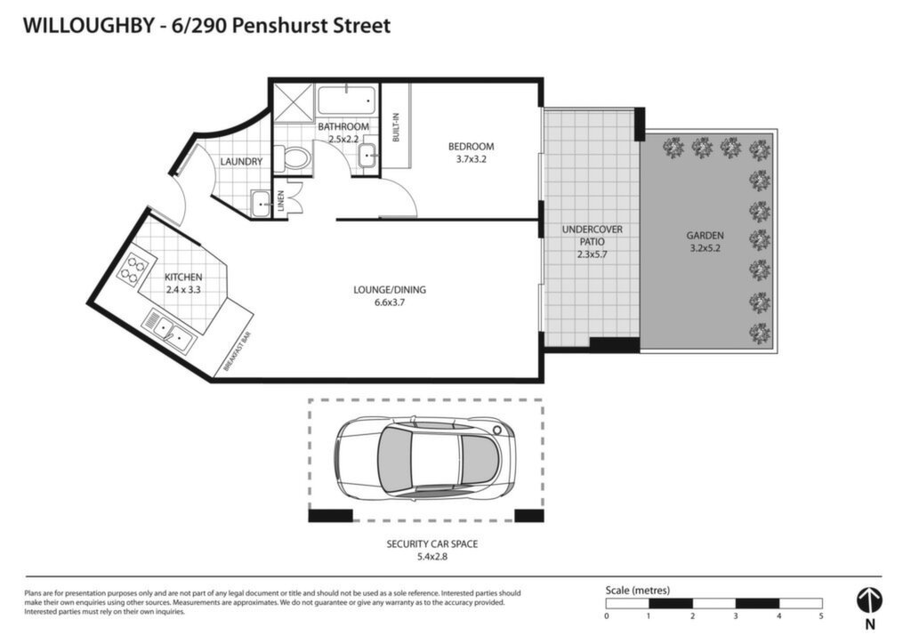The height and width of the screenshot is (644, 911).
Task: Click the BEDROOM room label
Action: pyautogui.click(x=471, y=147)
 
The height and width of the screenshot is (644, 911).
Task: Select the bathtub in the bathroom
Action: pyautogui.click(x=347, y=101)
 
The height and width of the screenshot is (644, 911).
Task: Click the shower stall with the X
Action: pyautogui.click(x=294, y=103)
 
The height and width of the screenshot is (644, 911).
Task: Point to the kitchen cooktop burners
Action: pyautogui.click(x=133, y=270)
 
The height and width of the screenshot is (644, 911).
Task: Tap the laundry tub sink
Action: pyautogui.click(x=261, y=203)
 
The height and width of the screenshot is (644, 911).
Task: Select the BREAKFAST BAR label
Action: pyautogui.click(x=237, y=351)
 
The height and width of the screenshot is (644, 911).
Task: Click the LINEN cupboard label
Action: pyautogui.click(x=280, y=201)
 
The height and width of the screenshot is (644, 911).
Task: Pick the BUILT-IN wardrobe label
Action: pyautogui.click(x=396, y=126)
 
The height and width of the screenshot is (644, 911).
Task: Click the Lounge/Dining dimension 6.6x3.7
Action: pyautogui.click(x=390, y=302)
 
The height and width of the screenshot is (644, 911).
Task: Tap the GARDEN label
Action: pyautogui.click(x=705, y=235)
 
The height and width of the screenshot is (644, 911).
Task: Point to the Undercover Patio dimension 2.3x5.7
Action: pyautogui.click(x=592, y=254)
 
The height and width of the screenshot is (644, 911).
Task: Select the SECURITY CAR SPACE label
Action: pyautogui.click(x=432, y=544)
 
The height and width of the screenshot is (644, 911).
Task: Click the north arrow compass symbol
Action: pyautogui.click(x=870, y=600)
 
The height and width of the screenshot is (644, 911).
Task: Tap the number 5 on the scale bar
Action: pyautogui.click(x=821, y=616)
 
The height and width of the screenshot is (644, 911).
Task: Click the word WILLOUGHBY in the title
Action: pyautogui.click(x=88, y=26)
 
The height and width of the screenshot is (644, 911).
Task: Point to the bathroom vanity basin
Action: pyautogui.click(x=367, y=157)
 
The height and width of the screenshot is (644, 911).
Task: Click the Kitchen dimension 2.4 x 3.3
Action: pyautogui.click(x=183, y=289)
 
